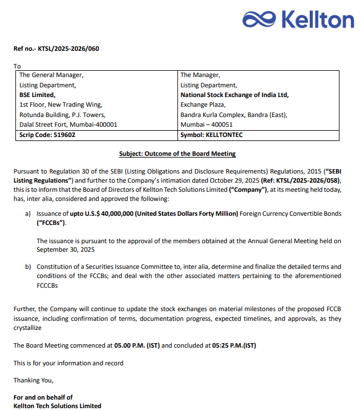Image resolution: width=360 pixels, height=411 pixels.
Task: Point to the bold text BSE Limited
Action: click(x=38, y=95)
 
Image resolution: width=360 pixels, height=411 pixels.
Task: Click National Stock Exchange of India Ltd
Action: click(x=234, y=95)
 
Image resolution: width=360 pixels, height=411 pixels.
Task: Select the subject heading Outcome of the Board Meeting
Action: click(x=177, y=154)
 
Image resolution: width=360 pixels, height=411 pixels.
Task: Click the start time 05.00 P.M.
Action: click(x=125, y=345)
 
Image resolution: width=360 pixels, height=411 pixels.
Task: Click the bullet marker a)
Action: click(x=27, y=213)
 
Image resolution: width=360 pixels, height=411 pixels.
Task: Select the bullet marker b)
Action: click(x=27, y=267)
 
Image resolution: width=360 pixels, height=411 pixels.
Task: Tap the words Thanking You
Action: click(x=33, y=380)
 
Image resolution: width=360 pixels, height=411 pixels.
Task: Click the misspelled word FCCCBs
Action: click(x=50, y=284)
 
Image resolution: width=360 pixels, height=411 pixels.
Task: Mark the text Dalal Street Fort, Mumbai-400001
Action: click(x=68, y=124)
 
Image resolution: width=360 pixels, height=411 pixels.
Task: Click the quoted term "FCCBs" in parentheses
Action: click(x=51, y=223)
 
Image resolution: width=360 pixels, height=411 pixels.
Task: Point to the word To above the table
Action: click(x=17, y=66)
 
